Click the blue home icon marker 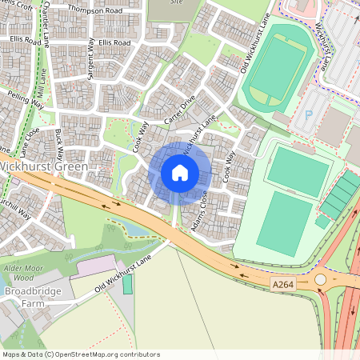180,172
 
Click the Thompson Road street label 94,10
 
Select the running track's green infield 274,67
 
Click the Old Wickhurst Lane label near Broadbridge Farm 120,275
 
